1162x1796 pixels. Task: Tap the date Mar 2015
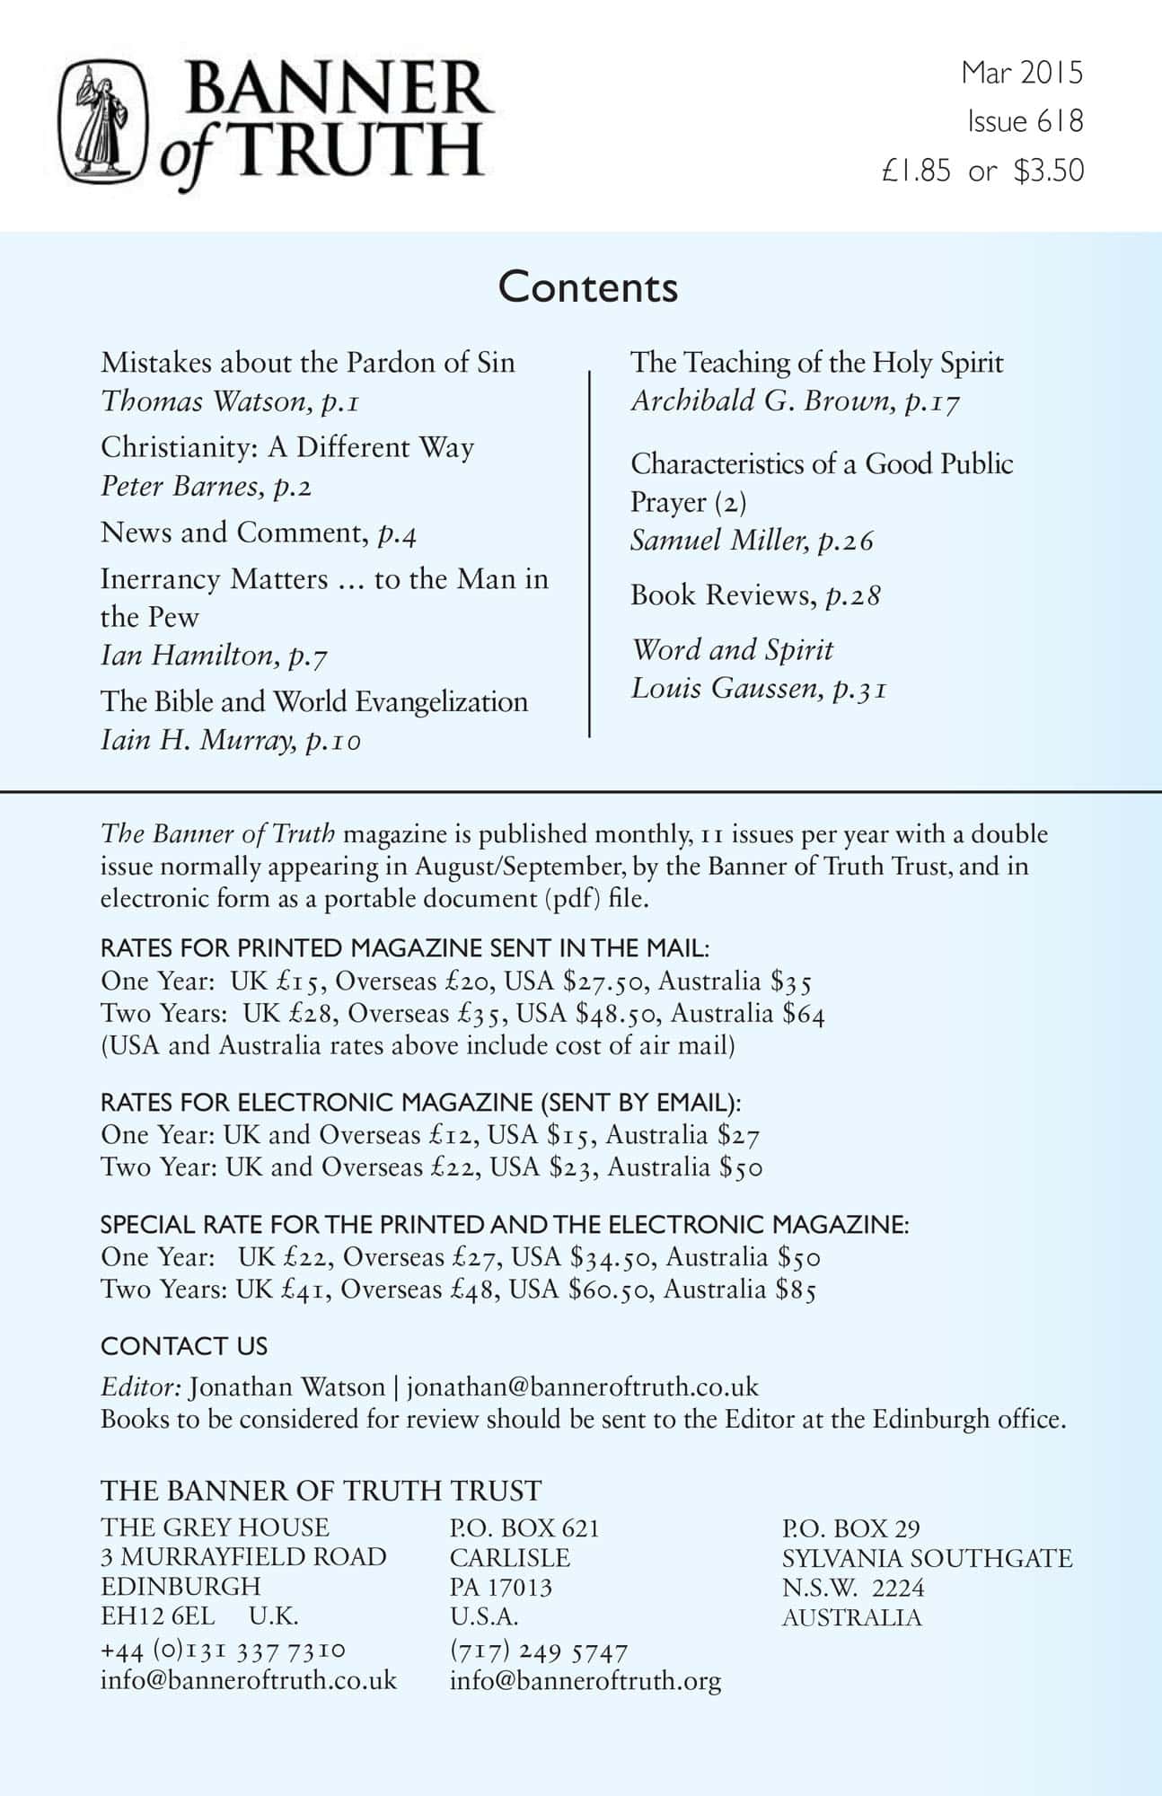pyautogui.click(x=1022, y=73)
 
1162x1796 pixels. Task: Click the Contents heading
pyautogui.click(x=588, y=287)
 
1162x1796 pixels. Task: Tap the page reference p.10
pyautogui.click(x=333, y=741)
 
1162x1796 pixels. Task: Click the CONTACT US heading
pyautogui.click(x=184, y=1345)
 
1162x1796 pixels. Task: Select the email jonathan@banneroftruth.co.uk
pyautogui.click(x=583, y=1387)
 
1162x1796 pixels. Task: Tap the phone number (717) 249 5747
pyautogui.click(x=539, y=1651)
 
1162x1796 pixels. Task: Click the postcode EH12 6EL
pyautogui.click(x=158, y=1616)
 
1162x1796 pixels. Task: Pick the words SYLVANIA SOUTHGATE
pyautogui.click(x=927, y=1557)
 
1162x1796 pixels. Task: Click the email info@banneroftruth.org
pyautogui.click(x=585, y=1680)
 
